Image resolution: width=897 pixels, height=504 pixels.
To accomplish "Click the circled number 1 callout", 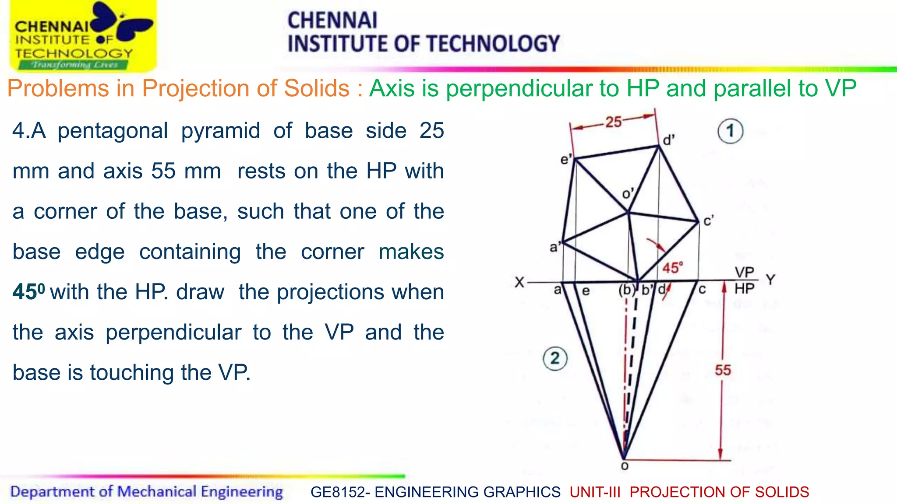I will coord(730,131).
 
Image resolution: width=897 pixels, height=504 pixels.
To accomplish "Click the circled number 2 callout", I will coord(555,358).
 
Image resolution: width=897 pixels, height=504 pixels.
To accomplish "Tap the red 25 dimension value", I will coord(613,122).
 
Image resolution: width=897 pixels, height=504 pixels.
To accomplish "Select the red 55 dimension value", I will coord(723,370).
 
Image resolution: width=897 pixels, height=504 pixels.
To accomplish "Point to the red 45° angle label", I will coord(672,268).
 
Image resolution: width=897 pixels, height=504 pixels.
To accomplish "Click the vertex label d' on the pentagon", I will coord(668,140).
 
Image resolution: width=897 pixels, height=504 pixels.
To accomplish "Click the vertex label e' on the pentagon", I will coord(566,159).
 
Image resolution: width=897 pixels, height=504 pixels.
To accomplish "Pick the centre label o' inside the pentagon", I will coord(628,193).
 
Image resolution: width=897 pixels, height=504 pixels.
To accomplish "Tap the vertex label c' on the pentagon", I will coord(708,221).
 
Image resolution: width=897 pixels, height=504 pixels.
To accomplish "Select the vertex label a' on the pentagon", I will coord(555,248).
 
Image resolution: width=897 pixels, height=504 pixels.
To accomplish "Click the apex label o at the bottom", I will coord(625,466).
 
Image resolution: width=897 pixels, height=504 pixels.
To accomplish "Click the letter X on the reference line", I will coord(519,282).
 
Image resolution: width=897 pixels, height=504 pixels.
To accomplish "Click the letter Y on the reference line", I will coord(770,280).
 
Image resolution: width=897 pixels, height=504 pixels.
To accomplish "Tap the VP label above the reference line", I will coord(744,273).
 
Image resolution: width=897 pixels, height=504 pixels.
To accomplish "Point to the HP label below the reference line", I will coord(744,289).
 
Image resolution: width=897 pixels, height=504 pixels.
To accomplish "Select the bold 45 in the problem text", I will coord(25,292).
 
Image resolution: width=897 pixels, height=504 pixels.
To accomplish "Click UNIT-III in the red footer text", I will coord(595,492).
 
